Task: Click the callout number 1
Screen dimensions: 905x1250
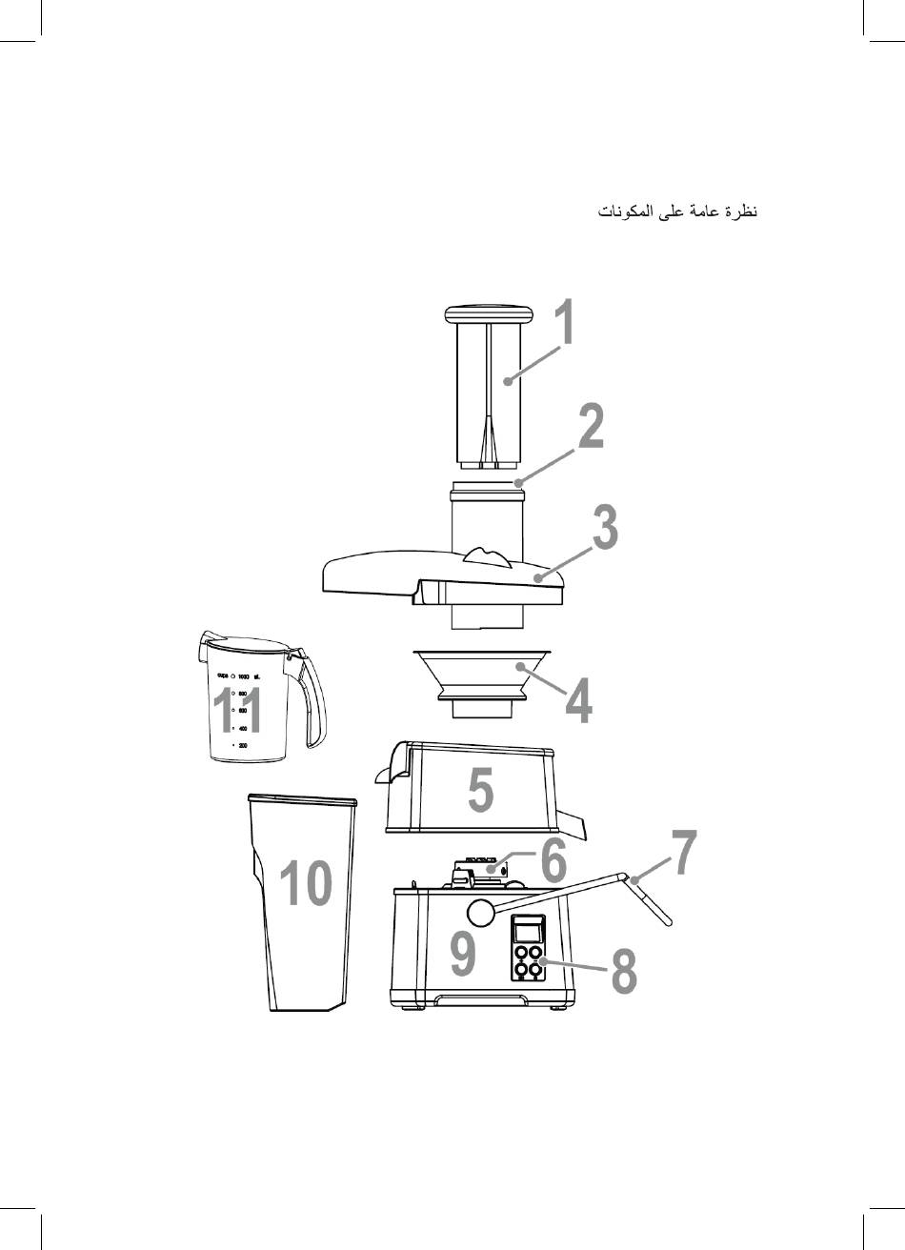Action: point(565,324)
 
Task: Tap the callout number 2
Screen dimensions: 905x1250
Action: point(591,428)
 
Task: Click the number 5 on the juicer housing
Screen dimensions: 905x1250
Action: point(481,791)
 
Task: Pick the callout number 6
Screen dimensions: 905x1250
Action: point(553,860)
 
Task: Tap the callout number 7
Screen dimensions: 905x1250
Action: point(684,853)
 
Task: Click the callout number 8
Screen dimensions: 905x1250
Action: point(624,973)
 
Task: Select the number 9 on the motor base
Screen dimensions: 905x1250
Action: point(463,956)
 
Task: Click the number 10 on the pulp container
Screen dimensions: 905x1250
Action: point(306,883)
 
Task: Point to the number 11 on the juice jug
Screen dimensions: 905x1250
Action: point(236,711)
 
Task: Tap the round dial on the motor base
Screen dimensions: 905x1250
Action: point(482,911)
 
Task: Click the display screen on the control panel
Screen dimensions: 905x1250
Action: point(526,930)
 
